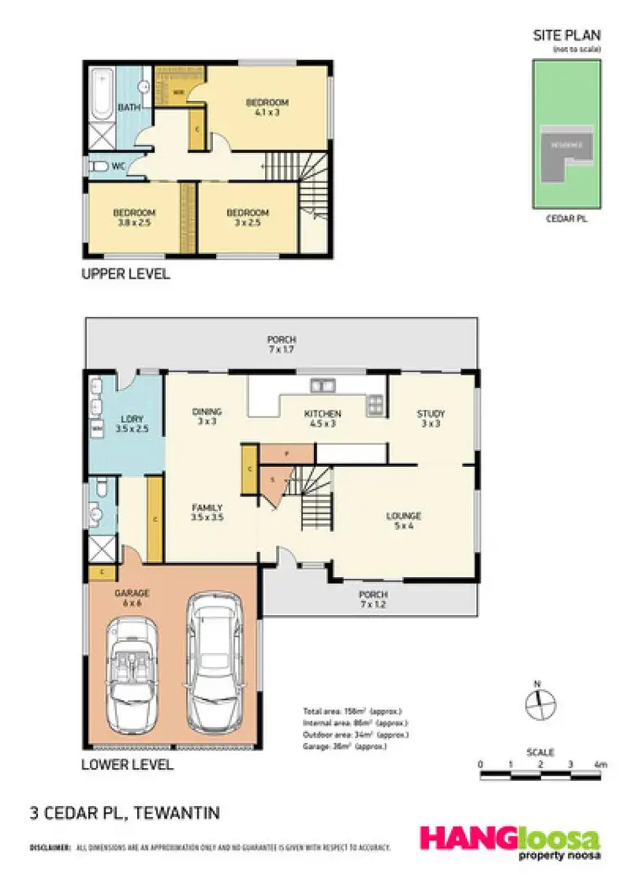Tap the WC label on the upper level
point(119,167)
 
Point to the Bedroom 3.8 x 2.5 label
point(135,218)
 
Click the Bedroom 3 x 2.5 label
point(247,218)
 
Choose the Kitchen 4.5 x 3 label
point(322,419)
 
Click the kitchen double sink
point(322,387)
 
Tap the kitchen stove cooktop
point(374,406)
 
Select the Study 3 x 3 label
point(431,419)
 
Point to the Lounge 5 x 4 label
point(404,521)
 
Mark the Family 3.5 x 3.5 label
point(207,512)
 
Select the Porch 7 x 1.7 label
point(282,343)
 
